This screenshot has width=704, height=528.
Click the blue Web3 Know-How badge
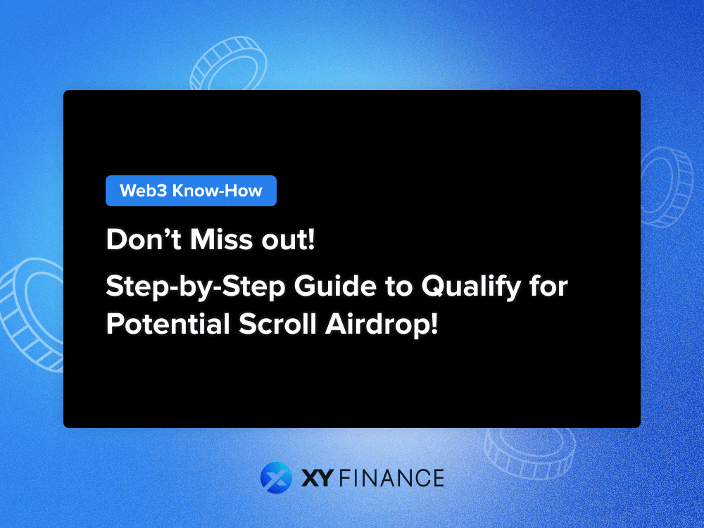(x=191, y=191)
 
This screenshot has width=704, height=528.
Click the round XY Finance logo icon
(x=276, y=478)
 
